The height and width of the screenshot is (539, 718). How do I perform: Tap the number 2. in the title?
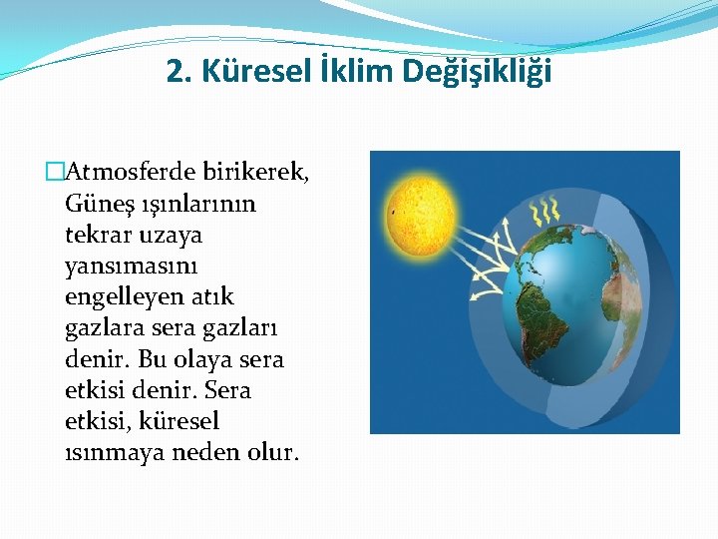(x=179, y=72)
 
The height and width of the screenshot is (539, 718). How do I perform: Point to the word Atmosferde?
(x=129, y=173)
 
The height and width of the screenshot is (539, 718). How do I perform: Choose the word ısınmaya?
(x=111, y=451)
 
